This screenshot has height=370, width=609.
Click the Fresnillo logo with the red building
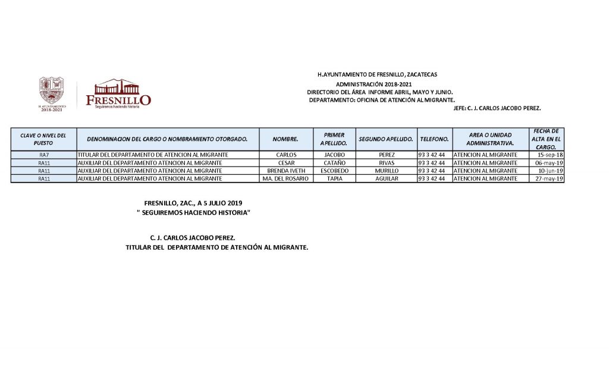point(118,93)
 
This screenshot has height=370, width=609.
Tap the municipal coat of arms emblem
point(51,90)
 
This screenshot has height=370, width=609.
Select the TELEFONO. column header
point(434,139)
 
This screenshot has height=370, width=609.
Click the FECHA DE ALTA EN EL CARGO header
point(546,139)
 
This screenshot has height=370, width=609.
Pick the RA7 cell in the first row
point(43,155)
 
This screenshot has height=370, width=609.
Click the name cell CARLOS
point(286,155)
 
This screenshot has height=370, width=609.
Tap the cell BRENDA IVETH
point(286,170)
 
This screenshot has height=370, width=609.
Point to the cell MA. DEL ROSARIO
point(286,178)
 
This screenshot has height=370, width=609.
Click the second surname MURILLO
point(387,170)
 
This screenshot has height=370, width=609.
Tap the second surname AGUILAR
point(387,178)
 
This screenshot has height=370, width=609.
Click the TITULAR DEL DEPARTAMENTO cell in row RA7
point(153,155)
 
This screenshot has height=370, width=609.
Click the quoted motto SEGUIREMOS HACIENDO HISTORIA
point(193,212)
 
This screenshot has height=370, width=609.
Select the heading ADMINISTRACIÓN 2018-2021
point(378,84)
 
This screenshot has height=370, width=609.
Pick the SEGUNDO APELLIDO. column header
point(386,139)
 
